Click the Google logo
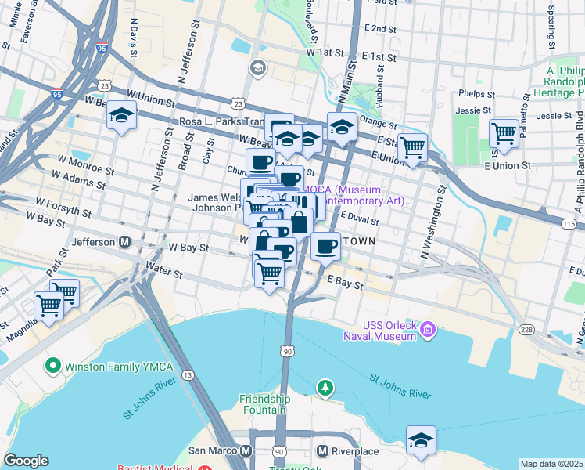pyautogui.click(x=26, y=461)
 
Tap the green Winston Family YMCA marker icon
pyautogui.click(x=53, y=365)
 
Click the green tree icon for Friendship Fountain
pyautogui.click(x=324, y=387)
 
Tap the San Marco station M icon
pyautogui.click(x=246, y=452)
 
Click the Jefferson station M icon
pyautogui.click(x=124, y=242)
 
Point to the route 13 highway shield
pyautogui.click(x=188, y=375)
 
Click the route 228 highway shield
pyautogui.click(x=530, y=329)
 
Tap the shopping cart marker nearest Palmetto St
pyautogui.click(x=504, y=132)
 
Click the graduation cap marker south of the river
pyautogui.click(x=421, y=440)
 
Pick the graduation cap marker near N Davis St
pyautogui.click(x=121, y=115)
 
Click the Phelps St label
pyautogui.click(x=478, y=92)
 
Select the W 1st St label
pyautogui.click(x=325, y=52)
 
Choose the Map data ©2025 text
pyautogui.click(x=551, y=464)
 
